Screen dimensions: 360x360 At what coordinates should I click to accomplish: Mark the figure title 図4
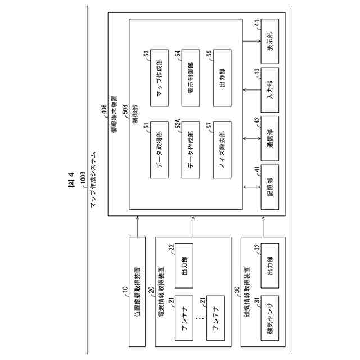tap(71, 180)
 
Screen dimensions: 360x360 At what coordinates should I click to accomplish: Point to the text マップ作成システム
tap(93, 179)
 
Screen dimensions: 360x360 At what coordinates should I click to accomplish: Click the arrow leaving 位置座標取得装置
tap(137, 227)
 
